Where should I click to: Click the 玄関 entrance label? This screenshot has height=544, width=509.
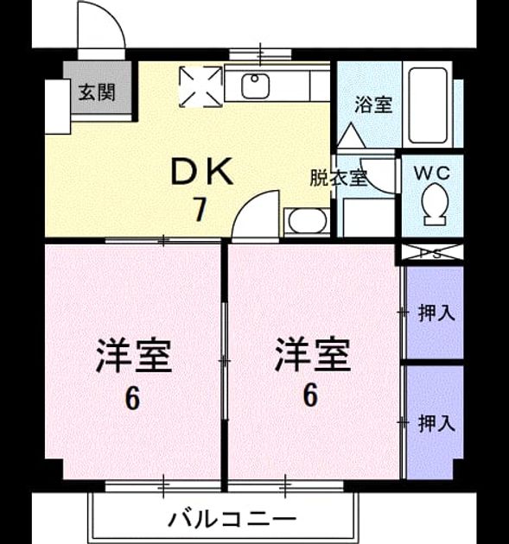(x=97, y=92)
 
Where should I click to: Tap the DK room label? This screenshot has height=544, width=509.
(x=202, y=171)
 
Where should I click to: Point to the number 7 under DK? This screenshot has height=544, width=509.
(x=200, y=209)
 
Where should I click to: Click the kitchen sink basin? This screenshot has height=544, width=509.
(x=256, y=86)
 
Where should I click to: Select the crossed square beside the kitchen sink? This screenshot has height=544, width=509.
(x=200, y=86)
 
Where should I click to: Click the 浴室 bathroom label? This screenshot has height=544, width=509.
(x=373, y=104)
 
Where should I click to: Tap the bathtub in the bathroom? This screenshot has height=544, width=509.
(x=428, y=105)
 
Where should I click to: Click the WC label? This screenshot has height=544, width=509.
(x=432, y=173)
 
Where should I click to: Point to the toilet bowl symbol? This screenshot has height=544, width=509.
(x=435, y=205)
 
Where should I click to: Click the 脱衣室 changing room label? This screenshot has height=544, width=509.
(x=338, y=178)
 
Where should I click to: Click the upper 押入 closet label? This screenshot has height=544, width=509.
(x=436, y=313)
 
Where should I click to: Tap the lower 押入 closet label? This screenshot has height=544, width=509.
(x=436, y=423)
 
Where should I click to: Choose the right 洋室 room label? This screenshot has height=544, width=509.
(x=312, y=354)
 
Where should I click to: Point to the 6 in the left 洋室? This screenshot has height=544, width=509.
(x=132, y=399)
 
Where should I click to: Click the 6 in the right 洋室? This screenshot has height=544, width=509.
(x=310, y=395)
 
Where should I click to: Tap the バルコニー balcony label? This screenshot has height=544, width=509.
(x=232, y=519)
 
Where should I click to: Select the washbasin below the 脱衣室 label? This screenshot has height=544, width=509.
(x=307, y=221)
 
